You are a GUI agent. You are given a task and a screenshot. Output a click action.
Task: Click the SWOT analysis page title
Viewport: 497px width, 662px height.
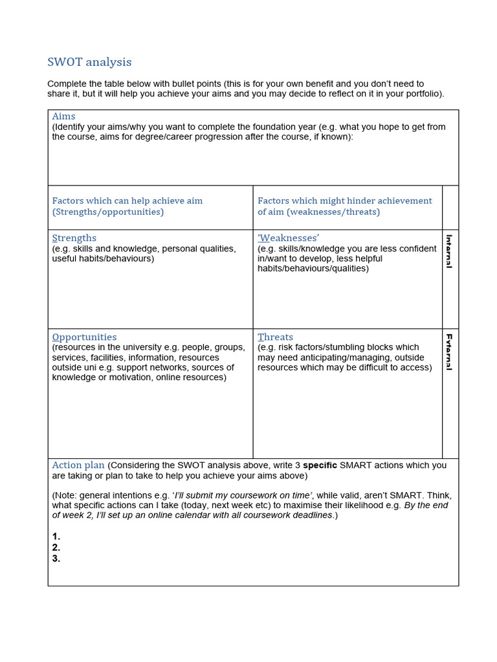(89, 62)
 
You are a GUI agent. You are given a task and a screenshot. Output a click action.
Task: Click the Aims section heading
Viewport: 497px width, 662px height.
(63, 116)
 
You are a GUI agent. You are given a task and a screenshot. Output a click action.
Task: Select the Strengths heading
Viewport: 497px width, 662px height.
(74, 238)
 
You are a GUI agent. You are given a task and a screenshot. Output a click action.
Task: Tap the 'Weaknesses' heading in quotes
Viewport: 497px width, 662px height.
(288, 238)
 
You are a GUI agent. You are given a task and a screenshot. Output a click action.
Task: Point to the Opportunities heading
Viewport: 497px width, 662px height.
(84, 337)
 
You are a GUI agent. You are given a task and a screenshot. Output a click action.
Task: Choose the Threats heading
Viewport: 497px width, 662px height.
(275, 337)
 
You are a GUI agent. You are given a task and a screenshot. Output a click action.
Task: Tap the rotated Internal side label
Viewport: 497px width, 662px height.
(449, 251)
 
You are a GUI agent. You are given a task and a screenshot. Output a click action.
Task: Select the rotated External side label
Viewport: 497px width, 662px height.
(449, 352)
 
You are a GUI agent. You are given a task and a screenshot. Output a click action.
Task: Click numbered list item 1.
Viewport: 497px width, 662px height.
(56, 536)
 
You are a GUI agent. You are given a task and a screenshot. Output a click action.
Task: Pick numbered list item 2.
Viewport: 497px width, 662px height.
(56, 548)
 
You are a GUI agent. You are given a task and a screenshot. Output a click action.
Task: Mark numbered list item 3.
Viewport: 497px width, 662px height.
(56, 559)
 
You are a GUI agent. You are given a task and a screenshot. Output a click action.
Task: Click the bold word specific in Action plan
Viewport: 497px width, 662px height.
(320, 465)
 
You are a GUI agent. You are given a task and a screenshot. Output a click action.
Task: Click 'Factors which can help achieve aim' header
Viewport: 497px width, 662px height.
(127, 201)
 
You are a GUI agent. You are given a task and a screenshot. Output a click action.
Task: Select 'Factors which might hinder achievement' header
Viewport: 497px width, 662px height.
(344, 201)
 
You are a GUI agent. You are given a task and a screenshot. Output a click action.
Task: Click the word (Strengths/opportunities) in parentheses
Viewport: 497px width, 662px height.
(108, 212)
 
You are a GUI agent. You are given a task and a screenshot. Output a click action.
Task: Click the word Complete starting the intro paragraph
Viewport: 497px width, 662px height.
(68, 83)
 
